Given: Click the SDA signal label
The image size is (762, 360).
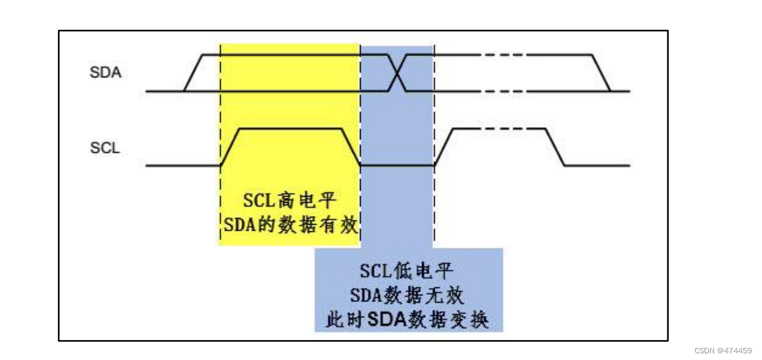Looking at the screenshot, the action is (x=105, y=73).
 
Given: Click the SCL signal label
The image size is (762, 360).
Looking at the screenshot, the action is (x=105, y=147).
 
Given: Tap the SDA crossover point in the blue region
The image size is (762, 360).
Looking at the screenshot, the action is (x=397, y=73).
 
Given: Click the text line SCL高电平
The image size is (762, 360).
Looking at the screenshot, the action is (x=290, y=199).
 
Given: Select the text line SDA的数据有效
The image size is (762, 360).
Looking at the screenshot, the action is (x=290, y=225).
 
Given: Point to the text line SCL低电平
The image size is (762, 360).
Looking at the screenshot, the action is (x=407, y=271).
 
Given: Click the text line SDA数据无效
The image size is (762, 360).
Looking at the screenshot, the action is (x=407, y=295).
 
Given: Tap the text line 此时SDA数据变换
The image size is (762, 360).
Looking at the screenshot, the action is (x=407, y=319).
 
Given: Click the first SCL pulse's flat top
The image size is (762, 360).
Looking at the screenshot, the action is (x=291, y=129).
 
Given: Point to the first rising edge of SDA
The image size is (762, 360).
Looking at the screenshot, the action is (x=193, y=73).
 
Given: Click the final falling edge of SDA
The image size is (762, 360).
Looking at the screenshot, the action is (x=601, y=73).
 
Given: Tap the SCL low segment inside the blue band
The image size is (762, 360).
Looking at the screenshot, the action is (x=397, y=165).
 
